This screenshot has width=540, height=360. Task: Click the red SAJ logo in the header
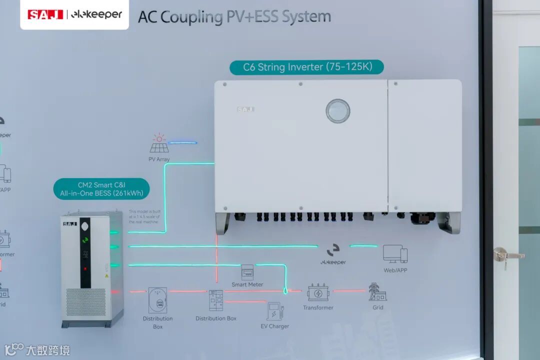click(45, 14)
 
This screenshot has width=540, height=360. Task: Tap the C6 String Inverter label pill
click(306, 67)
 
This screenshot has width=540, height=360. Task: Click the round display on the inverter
click(338, 111)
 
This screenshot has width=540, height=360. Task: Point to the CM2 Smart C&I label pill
click(101, 189)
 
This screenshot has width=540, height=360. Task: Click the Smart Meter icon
click(247, 272)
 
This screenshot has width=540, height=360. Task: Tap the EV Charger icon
click(274, 311)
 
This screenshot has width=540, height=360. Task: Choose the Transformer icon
click(318, 292)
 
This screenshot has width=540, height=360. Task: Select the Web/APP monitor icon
click(395, 254)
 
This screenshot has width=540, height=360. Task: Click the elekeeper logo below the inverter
click(333, 254)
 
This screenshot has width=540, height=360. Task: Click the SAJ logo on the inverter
click(245, 109)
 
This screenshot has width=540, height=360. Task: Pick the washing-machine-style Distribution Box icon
click(157, 300)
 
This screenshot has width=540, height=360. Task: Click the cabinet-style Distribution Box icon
click(216, 300)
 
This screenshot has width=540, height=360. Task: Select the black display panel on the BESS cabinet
click(85, 252)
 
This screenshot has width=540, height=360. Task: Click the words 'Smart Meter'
click(247, 284)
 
